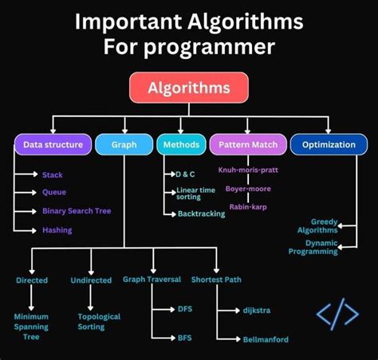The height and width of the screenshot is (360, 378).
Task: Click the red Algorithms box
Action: (188, 88)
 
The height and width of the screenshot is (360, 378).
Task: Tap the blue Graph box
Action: (123, 145)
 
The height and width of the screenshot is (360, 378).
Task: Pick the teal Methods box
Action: (180, 145)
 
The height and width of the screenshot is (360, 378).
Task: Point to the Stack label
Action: (53, 174)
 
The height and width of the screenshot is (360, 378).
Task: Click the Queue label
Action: (54, 192)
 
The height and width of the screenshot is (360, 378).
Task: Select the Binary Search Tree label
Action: (77, 211)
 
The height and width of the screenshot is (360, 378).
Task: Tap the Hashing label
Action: (57, 230)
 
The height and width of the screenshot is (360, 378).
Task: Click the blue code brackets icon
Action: (337, 315)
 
